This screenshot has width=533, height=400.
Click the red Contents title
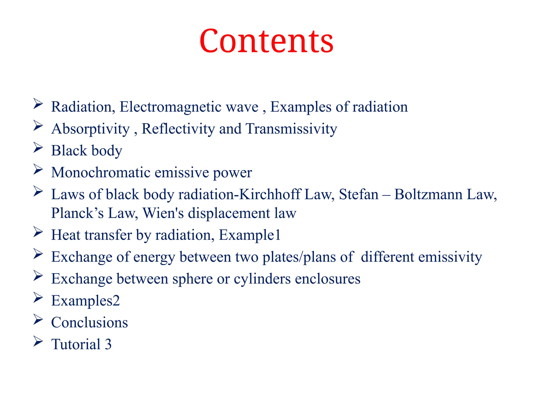coord(266,41)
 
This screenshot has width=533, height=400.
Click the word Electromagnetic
coord(189,107)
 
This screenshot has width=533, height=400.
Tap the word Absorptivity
coord(90,129)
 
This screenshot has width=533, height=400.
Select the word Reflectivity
coord(178,129)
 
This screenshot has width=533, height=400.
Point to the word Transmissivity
coord(291,129)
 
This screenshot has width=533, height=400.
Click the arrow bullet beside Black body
coord(38,147)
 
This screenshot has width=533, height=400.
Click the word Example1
coord(250,235)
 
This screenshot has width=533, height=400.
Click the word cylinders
coord(262,279)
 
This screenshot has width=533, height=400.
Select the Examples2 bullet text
coord(85,301)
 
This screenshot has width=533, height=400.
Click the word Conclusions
coord(90,322)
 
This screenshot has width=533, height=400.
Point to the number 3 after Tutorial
coord(108,344)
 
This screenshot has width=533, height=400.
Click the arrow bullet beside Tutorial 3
coord(38,341)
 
